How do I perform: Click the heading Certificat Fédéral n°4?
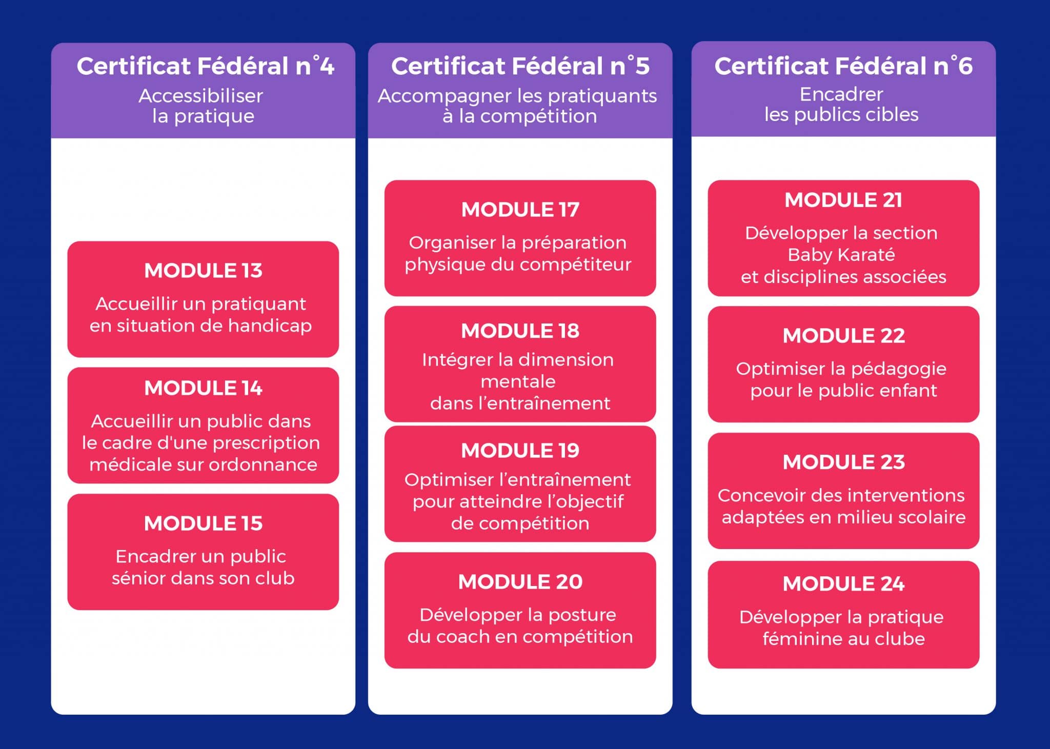point(205,66)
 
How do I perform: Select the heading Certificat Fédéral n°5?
point(520,66)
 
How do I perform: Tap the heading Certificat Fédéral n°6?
point(843,66)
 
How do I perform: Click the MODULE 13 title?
point(203,271)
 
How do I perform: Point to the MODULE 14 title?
point(203,388)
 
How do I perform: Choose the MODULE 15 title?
point(203,523)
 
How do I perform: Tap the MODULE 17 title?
point(520,210)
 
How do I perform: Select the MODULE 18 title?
point(520,331)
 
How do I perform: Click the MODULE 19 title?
point(520,451)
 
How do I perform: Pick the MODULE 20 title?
point(520,582)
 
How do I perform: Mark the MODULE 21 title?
point(843,200)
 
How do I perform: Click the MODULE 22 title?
point(844,336)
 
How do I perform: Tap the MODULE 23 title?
point(844,462)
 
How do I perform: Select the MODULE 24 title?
point(844,584)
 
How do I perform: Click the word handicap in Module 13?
point(270,326)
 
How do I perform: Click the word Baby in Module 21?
point(806,255)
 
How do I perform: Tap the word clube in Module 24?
point(900,639)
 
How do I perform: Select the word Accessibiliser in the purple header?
point(200,96)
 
